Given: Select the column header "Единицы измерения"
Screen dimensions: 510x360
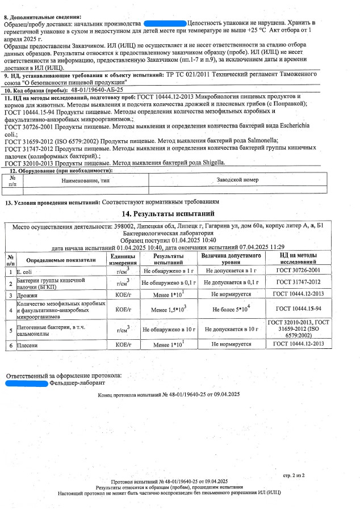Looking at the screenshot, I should [x=123, y=260].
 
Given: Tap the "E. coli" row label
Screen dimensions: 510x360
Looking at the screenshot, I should [x=26, y=272].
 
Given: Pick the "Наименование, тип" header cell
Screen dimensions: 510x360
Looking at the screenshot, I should [x=85, y=179].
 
